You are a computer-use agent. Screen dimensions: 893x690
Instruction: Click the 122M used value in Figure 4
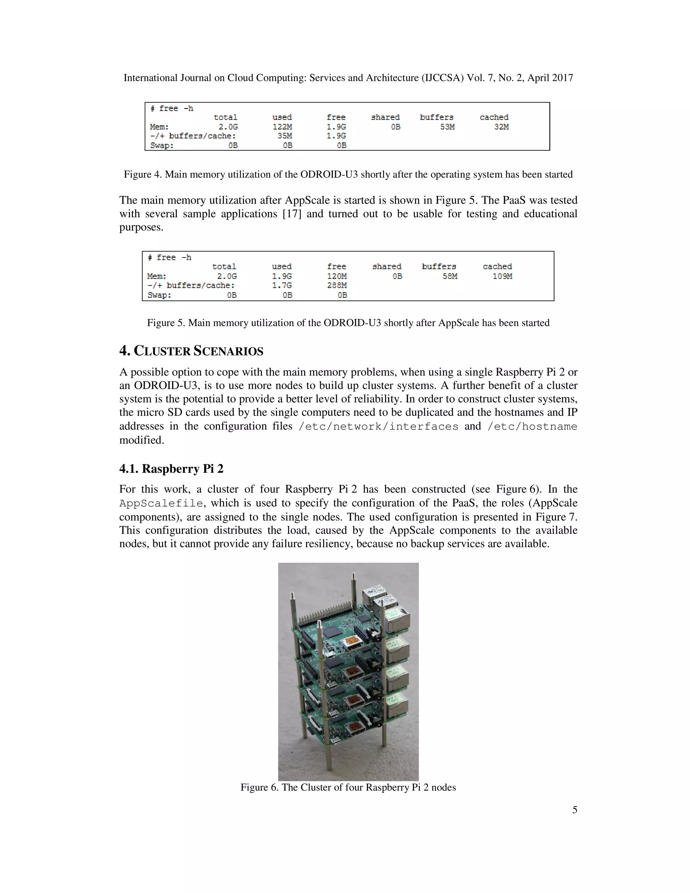click(282, 127)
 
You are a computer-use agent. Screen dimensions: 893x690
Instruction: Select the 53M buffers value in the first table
click(447, 127)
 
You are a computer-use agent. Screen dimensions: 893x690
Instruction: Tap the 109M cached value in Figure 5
click(502, 276)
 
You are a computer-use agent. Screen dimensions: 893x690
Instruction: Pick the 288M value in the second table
click(337, 285)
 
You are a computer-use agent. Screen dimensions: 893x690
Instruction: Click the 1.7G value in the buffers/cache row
click(282, 285)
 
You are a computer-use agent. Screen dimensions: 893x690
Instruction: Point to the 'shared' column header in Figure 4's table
click(385, 117)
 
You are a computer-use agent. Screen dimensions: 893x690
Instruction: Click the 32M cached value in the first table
click(501, 127)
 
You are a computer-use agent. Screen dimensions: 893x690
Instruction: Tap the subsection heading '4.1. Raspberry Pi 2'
click(171, 469)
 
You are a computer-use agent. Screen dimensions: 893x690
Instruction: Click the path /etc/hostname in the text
click(532, 427)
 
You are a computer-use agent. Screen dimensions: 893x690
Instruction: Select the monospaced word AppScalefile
click(161, 503)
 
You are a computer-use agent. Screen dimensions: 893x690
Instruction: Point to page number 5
click(574, 809)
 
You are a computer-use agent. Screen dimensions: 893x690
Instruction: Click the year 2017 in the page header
click(562, 78)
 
